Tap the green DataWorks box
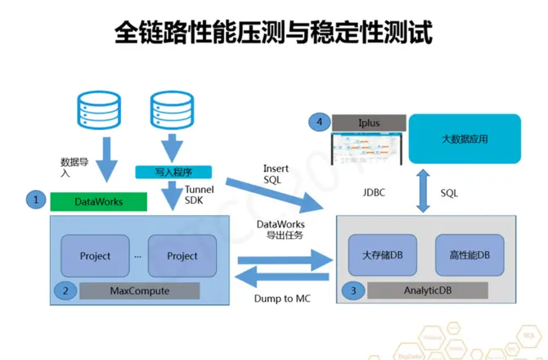click(97, 200)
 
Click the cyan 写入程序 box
click(173, 172)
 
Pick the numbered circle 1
click(35, 199)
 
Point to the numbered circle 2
click(65, 290)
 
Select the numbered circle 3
click(353, 290)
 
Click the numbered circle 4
click(318, 123)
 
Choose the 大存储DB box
click(382, 254)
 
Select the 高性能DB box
click(469, 254)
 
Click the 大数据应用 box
click(464, 139)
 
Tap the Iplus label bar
click(368, 123)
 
